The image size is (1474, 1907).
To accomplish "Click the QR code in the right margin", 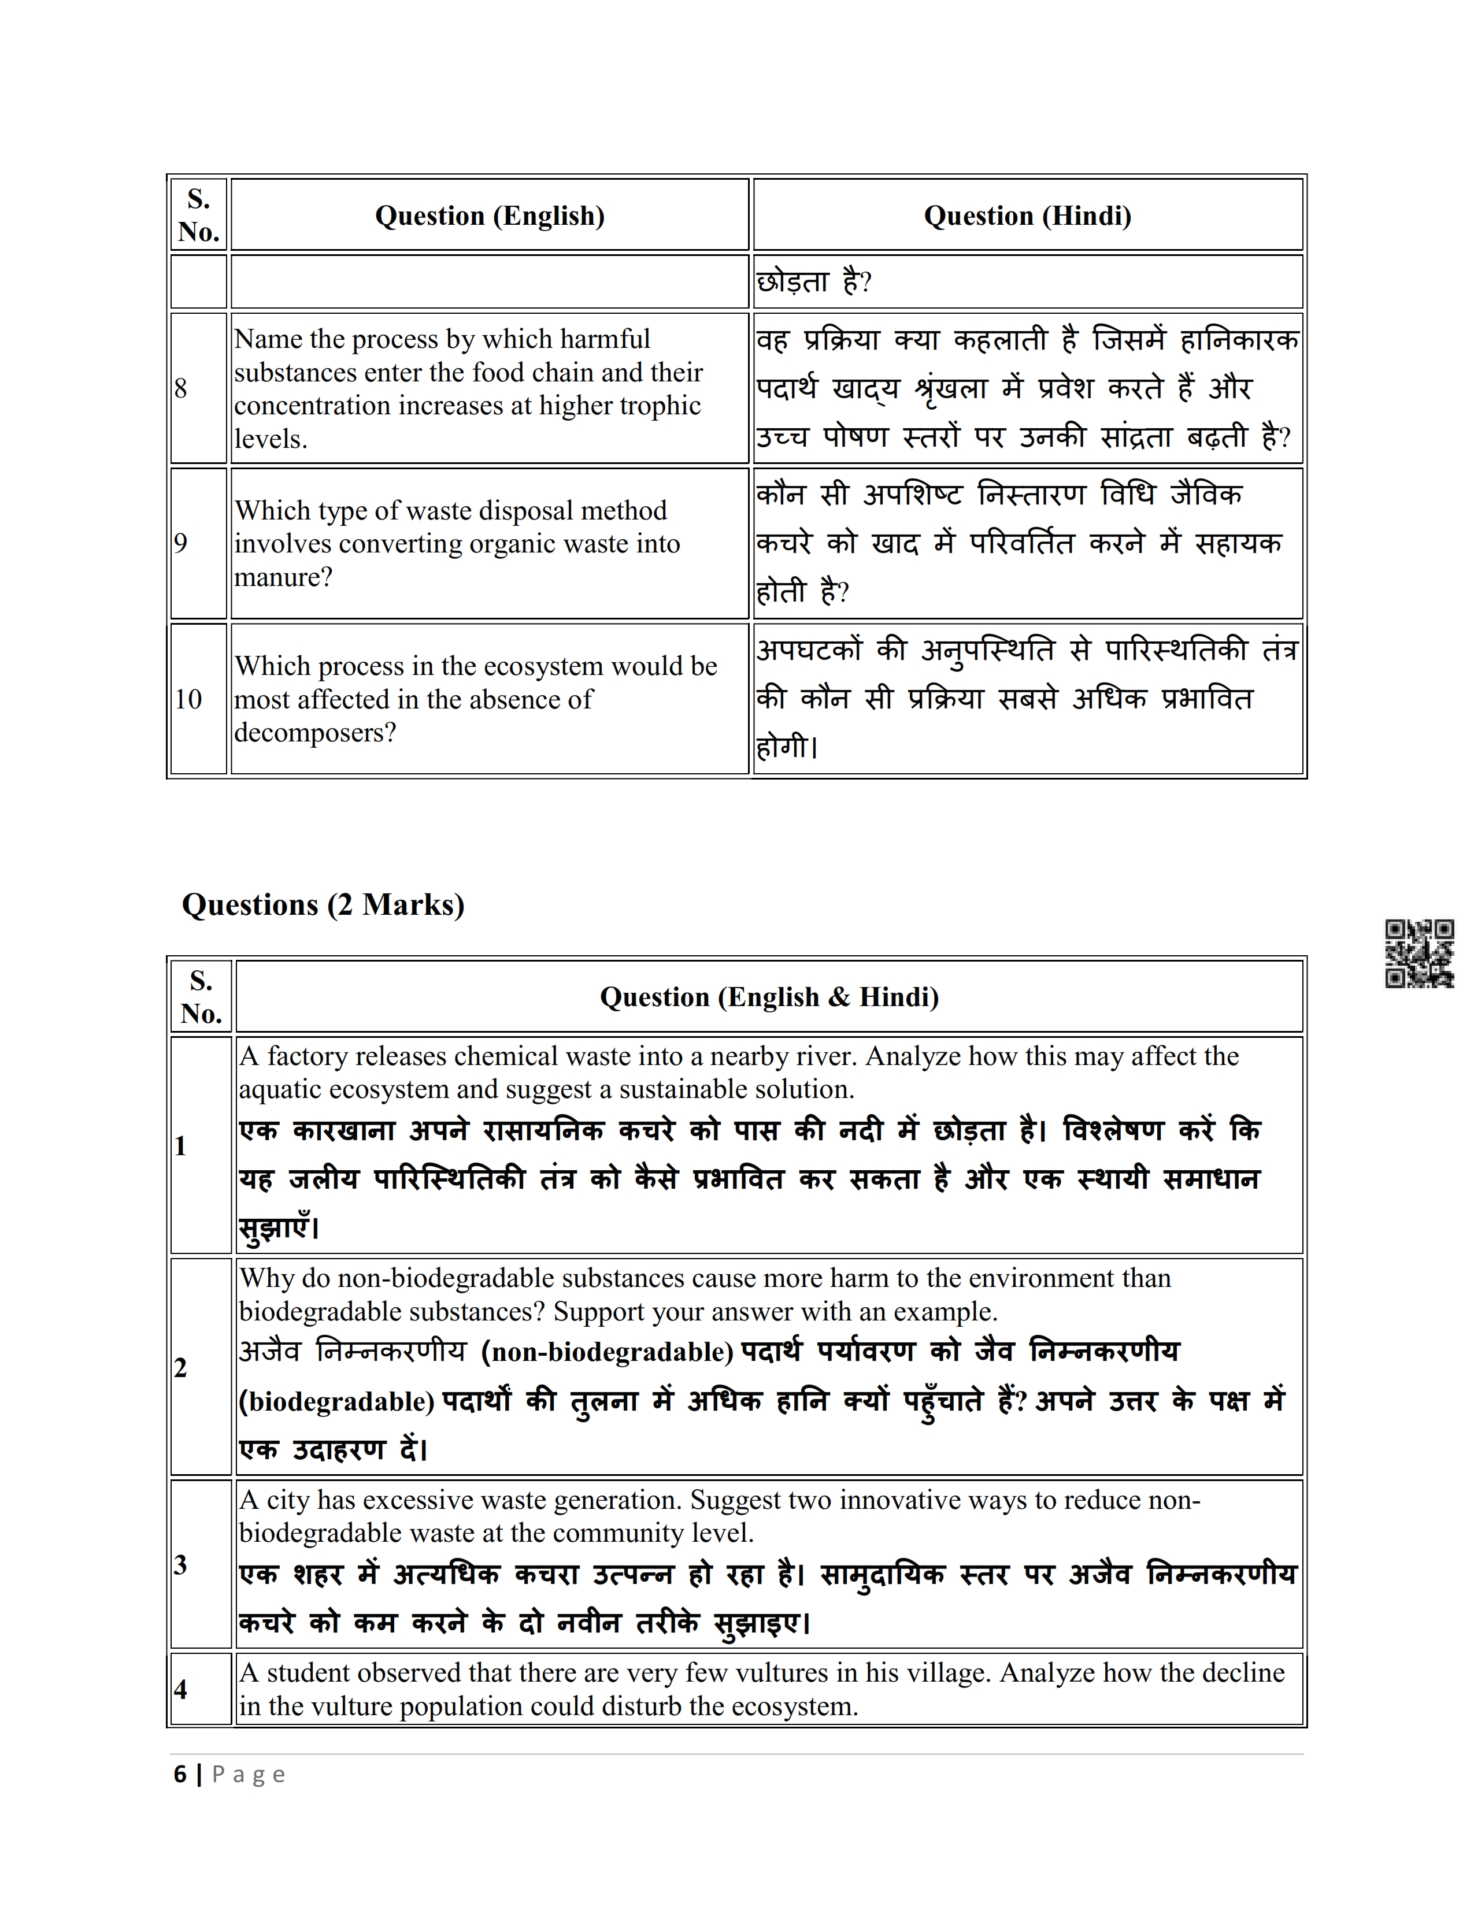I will pos(1419,953).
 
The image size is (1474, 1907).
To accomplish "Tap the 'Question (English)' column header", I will pos(489,216).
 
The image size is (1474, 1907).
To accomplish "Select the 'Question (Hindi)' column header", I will pos(1027,216).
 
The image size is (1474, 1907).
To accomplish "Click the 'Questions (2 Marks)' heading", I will pos(323,904).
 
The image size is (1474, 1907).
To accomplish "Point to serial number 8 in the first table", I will pos(181,388).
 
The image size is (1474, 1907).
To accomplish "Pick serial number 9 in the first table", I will pos(181,543).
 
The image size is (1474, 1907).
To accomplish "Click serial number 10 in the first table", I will pos(188,699).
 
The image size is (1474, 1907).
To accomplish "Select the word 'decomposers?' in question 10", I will pos(315,733).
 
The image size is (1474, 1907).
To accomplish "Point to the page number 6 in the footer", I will pos(180,1774).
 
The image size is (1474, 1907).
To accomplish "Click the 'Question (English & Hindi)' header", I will pos(768,997).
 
